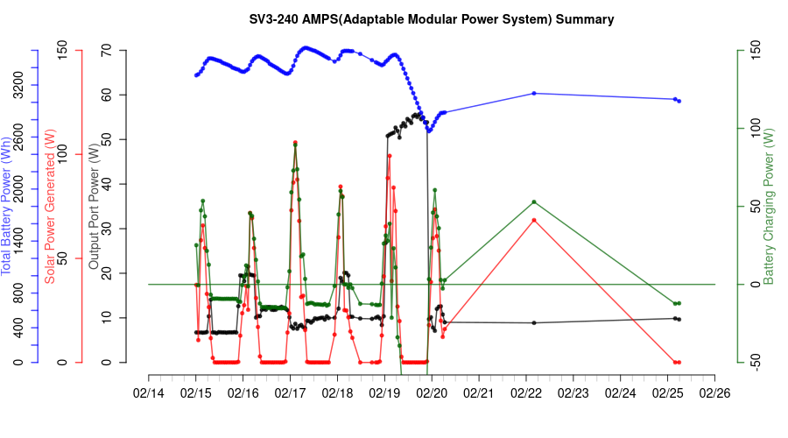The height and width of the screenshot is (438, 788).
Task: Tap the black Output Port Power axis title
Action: click(94, 207)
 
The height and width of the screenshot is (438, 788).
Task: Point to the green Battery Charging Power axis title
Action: click(769, 207)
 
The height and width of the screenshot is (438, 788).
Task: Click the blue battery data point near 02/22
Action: click(534, 93)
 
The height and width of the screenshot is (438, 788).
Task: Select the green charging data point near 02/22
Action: click(534, 202)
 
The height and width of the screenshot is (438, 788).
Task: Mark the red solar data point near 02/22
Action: click(534, 220)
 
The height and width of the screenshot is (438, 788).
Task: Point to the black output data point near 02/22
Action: click(534, 323)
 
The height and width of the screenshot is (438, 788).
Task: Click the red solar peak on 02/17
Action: click(295, 142)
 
